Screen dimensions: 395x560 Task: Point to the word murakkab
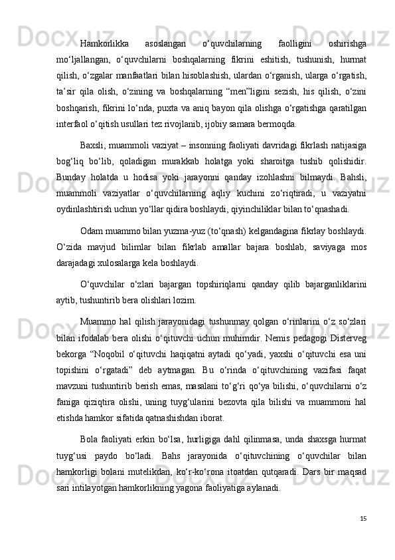[x=194, y=162]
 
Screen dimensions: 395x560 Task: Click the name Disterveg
[x=349, y=340]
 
